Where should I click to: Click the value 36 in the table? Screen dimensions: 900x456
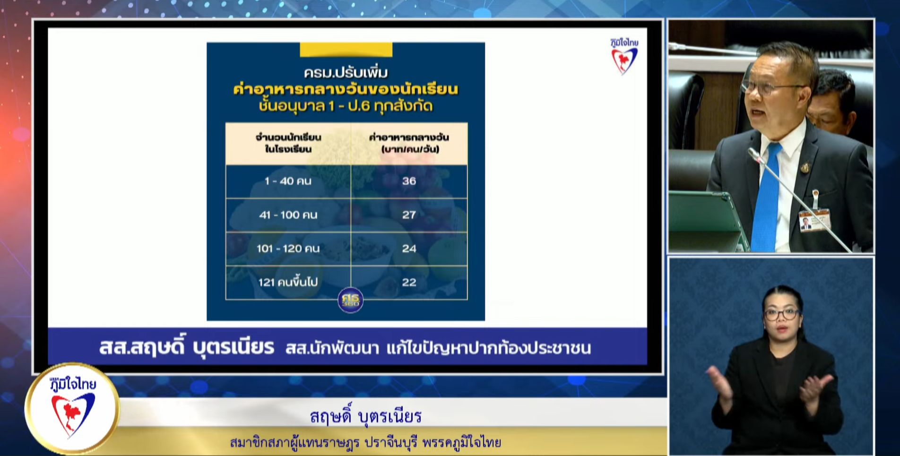pyautogui.click(x=409, y=181)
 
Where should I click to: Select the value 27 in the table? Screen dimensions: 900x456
pyautogui.click(x=409, y=215)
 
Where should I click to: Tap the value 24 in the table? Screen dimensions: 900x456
pyautogui.click(x=409, y=249)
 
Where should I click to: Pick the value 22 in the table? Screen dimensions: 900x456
pyautogui.click(x=409, y=283)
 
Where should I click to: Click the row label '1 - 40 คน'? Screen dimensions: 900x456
pyautogui.click(x=288, y=181)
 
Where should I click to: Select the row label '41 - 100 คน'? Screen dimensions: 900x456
pyautogui.click(x=288, y=215)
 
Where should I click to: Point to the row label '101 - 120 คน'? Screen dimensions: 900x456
pyautogui.click(x=288, y=249)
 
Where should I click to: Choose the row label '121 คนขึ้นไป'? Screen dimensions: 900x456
pyautogui.click(x=288, y=283)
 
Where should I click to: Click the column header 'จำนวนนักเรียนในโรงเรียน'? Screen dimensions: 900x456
pyautogui.click(x=288, y=143)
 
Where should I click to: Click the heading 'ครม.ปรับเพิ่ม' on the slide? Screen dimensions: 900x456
pyautogui.click(x=346, y=73)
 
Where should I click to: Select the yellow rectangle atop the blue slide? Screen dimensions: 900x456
pyautogui.click(x=346, y=50)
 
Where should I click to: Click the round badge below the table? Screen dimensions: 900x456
pyautogui.click(x=351, y=300)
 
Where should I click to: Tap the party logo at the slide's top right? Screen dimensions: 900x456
pyautogui.click(x=624, y=56)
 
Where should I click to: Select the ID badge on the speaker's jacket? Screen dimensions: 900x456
pyautogui.click(x=814, y=219)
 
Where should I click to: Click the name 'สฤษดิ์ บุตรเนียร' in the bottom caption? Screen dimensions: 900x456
pyautogui.click(x=365, y=416)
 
